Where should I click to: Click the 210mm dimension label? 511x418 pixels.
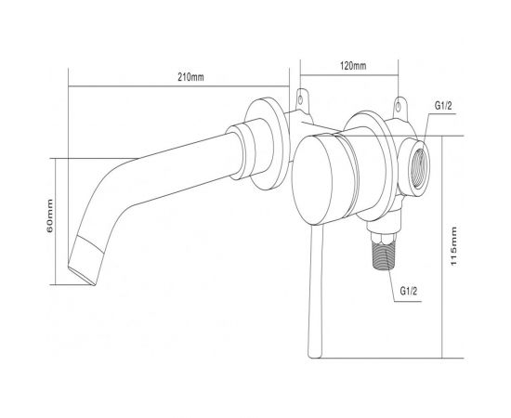point(190,77)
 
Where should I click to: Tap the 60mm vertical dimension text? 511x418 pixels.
point(49,216)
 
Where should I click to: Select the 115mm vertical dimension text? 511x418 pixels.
point(453,246)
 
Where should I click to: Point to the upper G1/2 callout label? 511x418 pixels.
point(443,106)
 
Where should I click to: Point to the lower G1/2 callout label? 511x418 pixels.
point(409,291)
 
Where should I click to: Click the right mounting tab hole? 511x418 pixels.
point(399,106)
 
